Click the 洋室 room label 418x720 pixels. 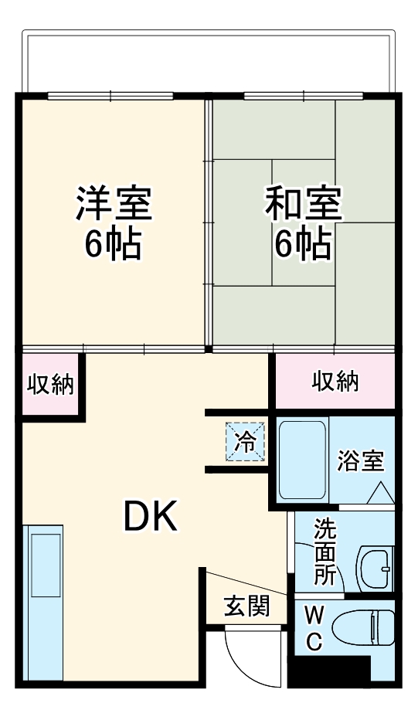[114, 204]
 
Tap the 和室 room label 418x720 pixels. [303, 204]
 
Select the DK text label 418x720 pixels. [151, 516]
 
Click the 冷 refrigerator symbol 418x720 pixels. [246, 442]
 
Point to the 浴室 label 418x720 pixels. [361, 461]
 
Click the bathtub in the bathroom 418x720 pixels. [303, 460]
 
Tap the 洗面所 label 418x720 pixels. [325, 552]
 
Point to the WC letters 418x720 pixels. [314, 629]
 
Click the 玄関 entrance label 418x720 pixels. [246, 606]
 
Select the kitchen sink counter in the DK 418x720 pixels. [45, 603]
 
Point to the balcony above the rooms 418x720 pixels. [209, 62]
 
